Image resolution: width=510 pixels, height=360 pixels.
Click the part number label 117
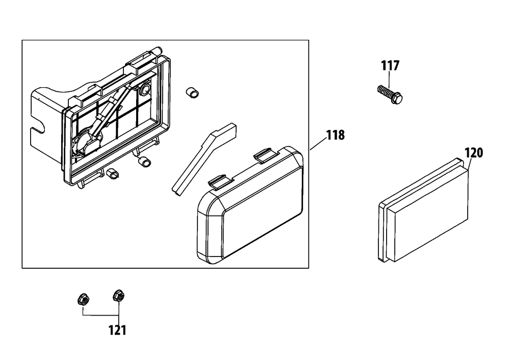(390, 66)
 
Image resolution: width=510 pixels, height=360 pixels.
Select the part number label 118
(336, 135)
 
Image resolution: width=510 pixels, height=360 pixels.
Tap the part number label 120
(474, 153)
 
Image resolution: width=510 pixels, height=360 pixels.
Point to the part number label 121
(117, 330)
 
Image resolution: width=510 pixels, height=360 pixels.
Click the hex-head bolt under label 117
(390, 94)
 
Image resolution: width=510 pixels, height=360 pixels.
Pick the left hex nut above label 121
(84, 299)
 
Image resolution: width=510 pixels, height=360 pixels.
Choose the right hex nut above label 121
(118, 295)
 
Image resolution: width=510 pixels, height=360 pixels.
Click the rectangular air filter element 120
(423, 210)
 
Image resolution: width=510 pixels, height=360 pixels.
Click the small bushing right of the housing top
(192, 93)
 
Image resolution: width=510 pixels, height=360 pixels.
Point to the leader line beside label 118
(318, 144)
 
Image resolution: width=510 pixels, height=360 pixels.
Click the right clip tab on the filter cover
(263, 155)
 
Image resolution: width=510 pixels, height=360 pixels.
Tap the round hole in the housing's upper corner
(144, 89)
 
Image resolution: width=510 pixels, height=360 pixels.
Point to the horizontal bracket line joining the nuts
(101, 316)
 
